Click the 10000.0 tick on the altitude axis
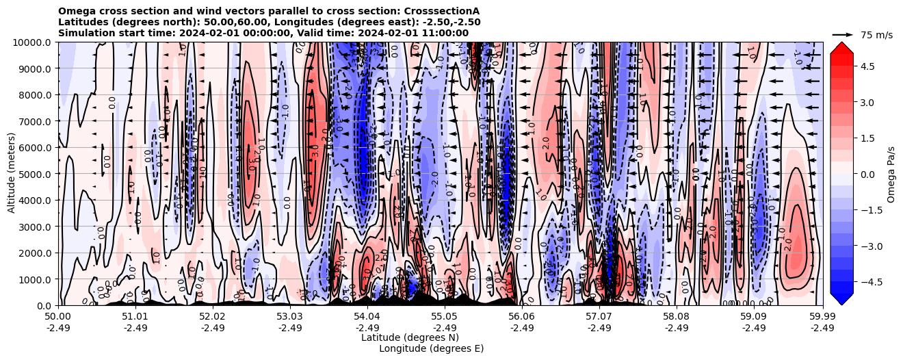(34, 42)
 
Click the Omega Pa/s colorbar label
(891, 174)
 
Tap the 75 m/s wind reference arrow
(843, 34)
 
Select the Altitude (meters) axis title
(12, 174)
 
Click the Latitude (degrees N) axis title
(410, 337)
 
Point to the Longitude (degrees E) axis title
(431, 348)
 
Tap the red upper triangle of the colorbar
(841, 48)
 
